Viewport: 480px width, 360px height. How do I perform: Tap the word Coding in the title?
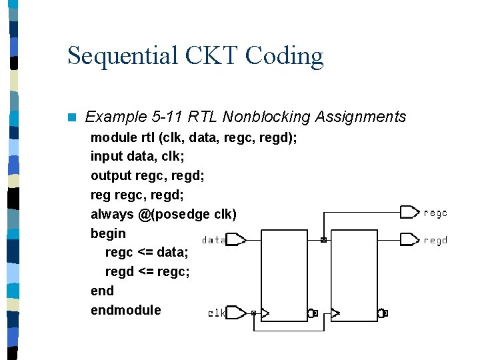coord(285,56)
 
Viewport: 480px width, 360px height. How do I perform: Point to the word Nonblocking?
coord(266,117)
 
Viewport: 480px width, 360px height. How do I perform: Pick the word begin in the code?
coord(108,233)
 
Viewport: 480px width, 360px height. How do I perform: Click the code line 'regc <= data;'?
coord(147,253)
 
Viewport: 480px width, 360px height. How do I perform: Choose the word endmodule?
coord(126,310)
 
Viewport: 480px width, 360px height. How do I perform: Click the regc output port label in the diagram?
coord(435,213)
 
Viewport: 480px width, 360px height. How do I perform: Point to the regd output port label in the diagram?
coord(435,240)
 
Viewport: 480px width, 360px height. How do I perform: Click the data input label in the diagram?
coord(213,240)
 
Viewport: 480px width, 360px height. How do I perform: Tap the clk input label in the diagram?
coord(217,313)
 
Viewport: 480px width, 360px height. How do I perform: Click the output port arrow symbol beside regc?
coord(409,213)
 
